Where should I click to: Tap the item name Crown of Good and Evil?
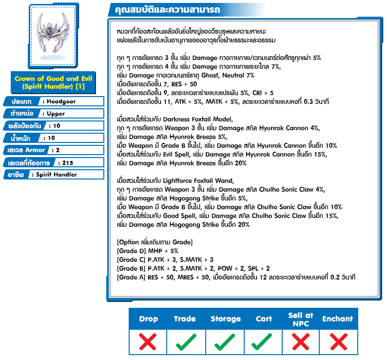(53, 79)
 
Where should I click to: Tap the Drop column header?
(148, 319)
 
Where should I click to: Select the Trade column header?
(185, 319)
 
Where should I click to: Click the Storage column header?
(226, 319)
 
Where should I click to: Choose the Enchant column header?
(337, 319)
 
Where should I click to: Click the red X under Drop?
(148, 341)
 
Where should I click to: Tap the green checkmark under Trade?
(186, 342)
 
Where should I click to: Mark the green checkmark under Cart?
(264, 342)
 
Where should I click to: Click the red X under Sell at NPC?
(300, 341)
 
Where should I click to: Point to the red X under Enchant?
(338, 341)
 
